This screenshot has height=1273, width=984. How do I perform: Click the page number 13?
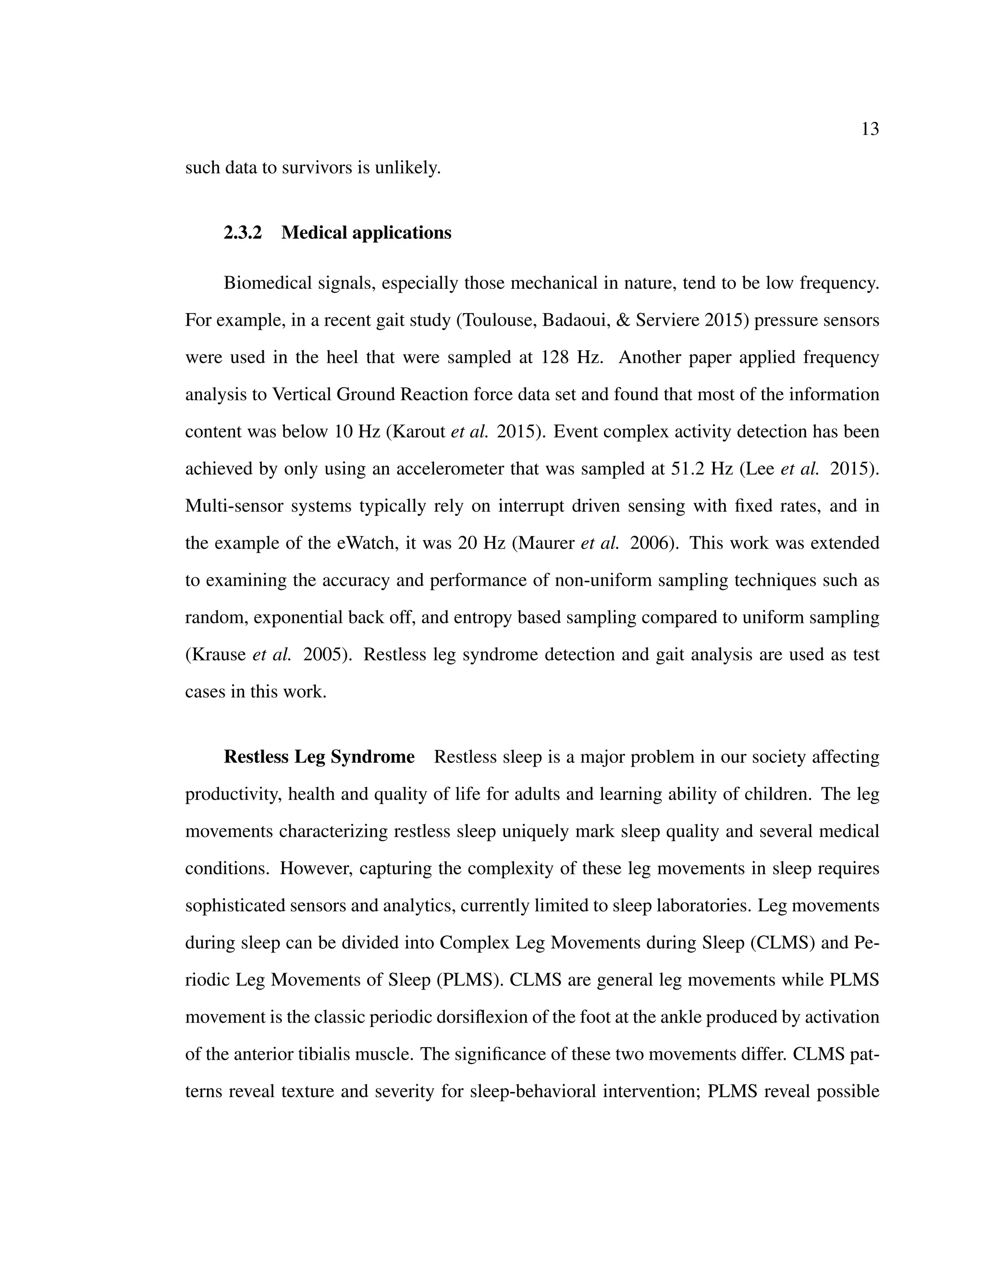pos(869,129)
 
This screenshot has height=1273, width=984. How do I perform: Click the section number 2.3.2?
pos(243,233)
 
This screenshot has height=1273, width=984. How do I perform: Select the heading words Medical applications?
pos(366,233)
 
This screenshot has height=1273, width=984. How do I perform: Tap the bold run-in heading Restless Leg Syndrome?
pos(319,757)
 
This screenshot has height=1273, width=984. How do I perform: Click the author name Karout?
pos(418,431)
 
